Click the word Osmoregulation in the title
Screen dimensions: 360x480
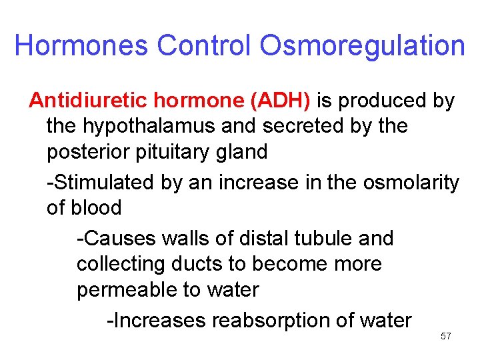(362, 46)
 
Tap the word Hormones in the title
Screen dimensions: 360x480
(82, 46)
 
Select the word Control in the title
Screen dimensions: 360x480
(205, 46)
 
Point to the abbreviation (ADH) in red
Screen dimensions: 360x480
(279, 101)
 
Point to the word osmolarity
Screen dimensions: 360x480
(411, 182)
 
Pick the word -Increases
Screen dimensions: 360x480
(157, 321)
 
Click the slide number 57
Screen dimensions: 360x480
(446, 337)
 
